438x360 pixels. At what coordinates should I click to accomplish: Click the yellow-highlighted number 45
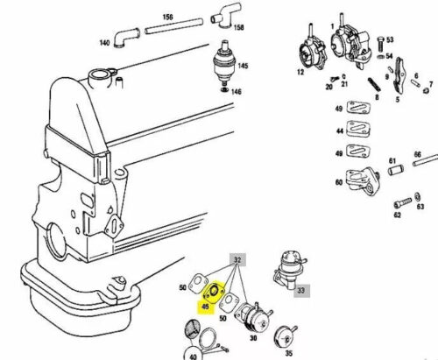click(206, 307)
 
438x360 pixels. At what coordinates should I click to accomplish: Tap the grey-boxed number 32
click(238, 260)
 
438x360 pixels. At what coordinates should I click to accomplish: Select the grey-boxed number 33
click(301, 291)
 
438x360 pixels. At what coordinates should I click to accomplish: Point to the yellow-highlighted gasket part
click(214, 293)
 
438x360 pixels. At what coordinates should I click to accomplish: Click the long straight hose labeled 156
click(174, 26)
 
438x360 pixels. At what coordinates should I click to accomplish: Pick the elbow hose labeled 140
click(126, 37)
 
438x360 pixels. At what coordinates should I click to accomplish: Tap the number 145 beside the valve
click(243, 66)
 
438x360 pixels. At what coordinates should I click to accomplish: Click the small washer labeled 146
click(224, 89)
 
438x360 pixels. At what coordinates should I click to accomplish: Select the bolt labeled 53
click(380, 45)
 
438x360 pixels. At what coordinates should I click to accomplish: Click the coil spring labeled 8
click(374, 85)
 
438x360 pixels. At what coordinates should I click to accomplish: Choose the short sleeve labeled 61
click(396, 170)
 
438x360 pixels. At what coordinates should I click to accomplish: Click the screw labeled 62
click(403, 202)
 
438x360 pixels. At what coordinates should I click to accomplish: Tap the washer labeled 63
click(418, 195)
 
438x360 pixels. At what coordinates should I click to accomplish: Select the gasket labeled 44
click(358, 130)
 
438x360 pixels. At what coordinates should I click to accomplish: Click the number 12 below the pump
click(300, 72)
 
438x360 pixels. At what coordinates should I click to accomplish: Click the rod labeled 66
click(426, 161)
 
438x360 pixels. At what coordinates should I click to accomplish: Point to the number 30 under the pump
click(253, 338)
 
